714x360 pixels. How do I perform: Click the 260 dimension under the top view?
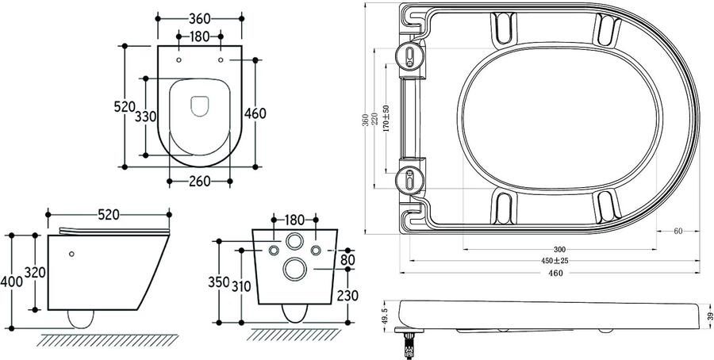click(x=199, y=181)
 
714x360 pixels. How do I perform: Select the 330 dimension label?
click(x=146, y=117)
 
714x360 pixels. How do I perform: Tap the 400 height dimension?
click(x=11, y=281)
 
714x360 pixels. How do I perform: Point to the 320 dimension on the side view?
click(x=35, y=272)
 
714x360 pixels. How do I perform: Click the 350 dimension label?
click(x=219, y=282)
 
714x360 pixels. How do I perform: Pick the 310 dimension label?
click(x=241, y=286)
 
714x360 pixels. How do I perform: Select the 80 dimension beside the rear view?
click(x=347, y=260)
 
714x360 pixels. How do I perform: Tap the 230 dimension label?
click(x=347, y=295)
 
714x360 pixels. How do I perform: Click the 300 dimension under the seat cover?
click(x=559, y=250)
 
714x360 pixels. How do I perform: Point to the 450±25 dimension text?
click(x=555, y=261)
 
